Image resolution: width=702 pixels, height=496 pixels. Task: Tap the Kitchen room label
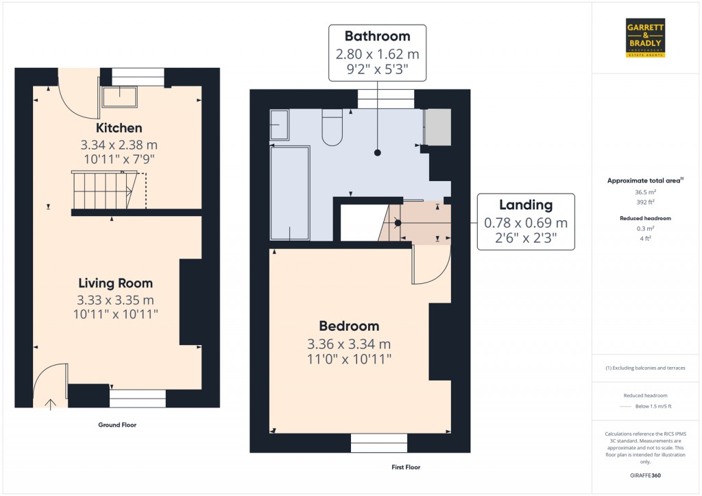(x=119, y=128)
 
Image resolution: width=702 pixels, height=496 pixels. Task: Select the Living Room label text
(x=115, y=283)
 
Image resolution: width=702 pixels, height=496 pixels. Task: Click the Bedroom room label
(x=349, y=326)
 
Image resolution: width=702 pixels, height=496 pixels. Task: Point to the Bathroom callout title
(x=377, y=36)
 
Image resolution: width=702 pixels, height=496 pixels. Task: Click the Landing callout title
(x=525, y=204)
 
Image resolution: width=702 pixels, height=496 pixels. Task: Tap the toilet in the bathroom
(x=332, y=128)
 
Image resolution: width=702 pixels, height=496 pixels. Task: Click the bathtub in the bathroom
(x=290, y=191)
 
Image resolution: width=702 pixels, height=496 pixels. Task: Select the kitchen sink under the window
(x=120, y=97)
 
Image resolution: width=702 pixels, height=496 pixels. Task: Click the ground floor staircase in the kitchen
(x=101, y=190)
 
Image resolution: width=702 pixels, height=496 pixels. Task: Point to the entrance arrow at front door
(x=51, y=403)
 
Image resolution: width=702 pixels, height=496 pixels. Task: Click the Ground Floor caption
(x=117, y=425)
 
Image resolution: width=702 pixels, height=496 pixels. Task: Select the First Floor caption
(x=401, y=467)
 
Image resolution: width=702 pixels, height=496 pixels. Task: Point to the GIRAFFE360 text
(x=646, y=475)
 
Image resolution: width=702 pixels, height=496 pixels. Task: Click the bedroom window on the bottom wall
(x=378, y=443)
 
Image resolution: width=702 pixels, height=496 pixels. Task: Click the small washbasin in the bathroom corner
(x=280, y=125)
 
